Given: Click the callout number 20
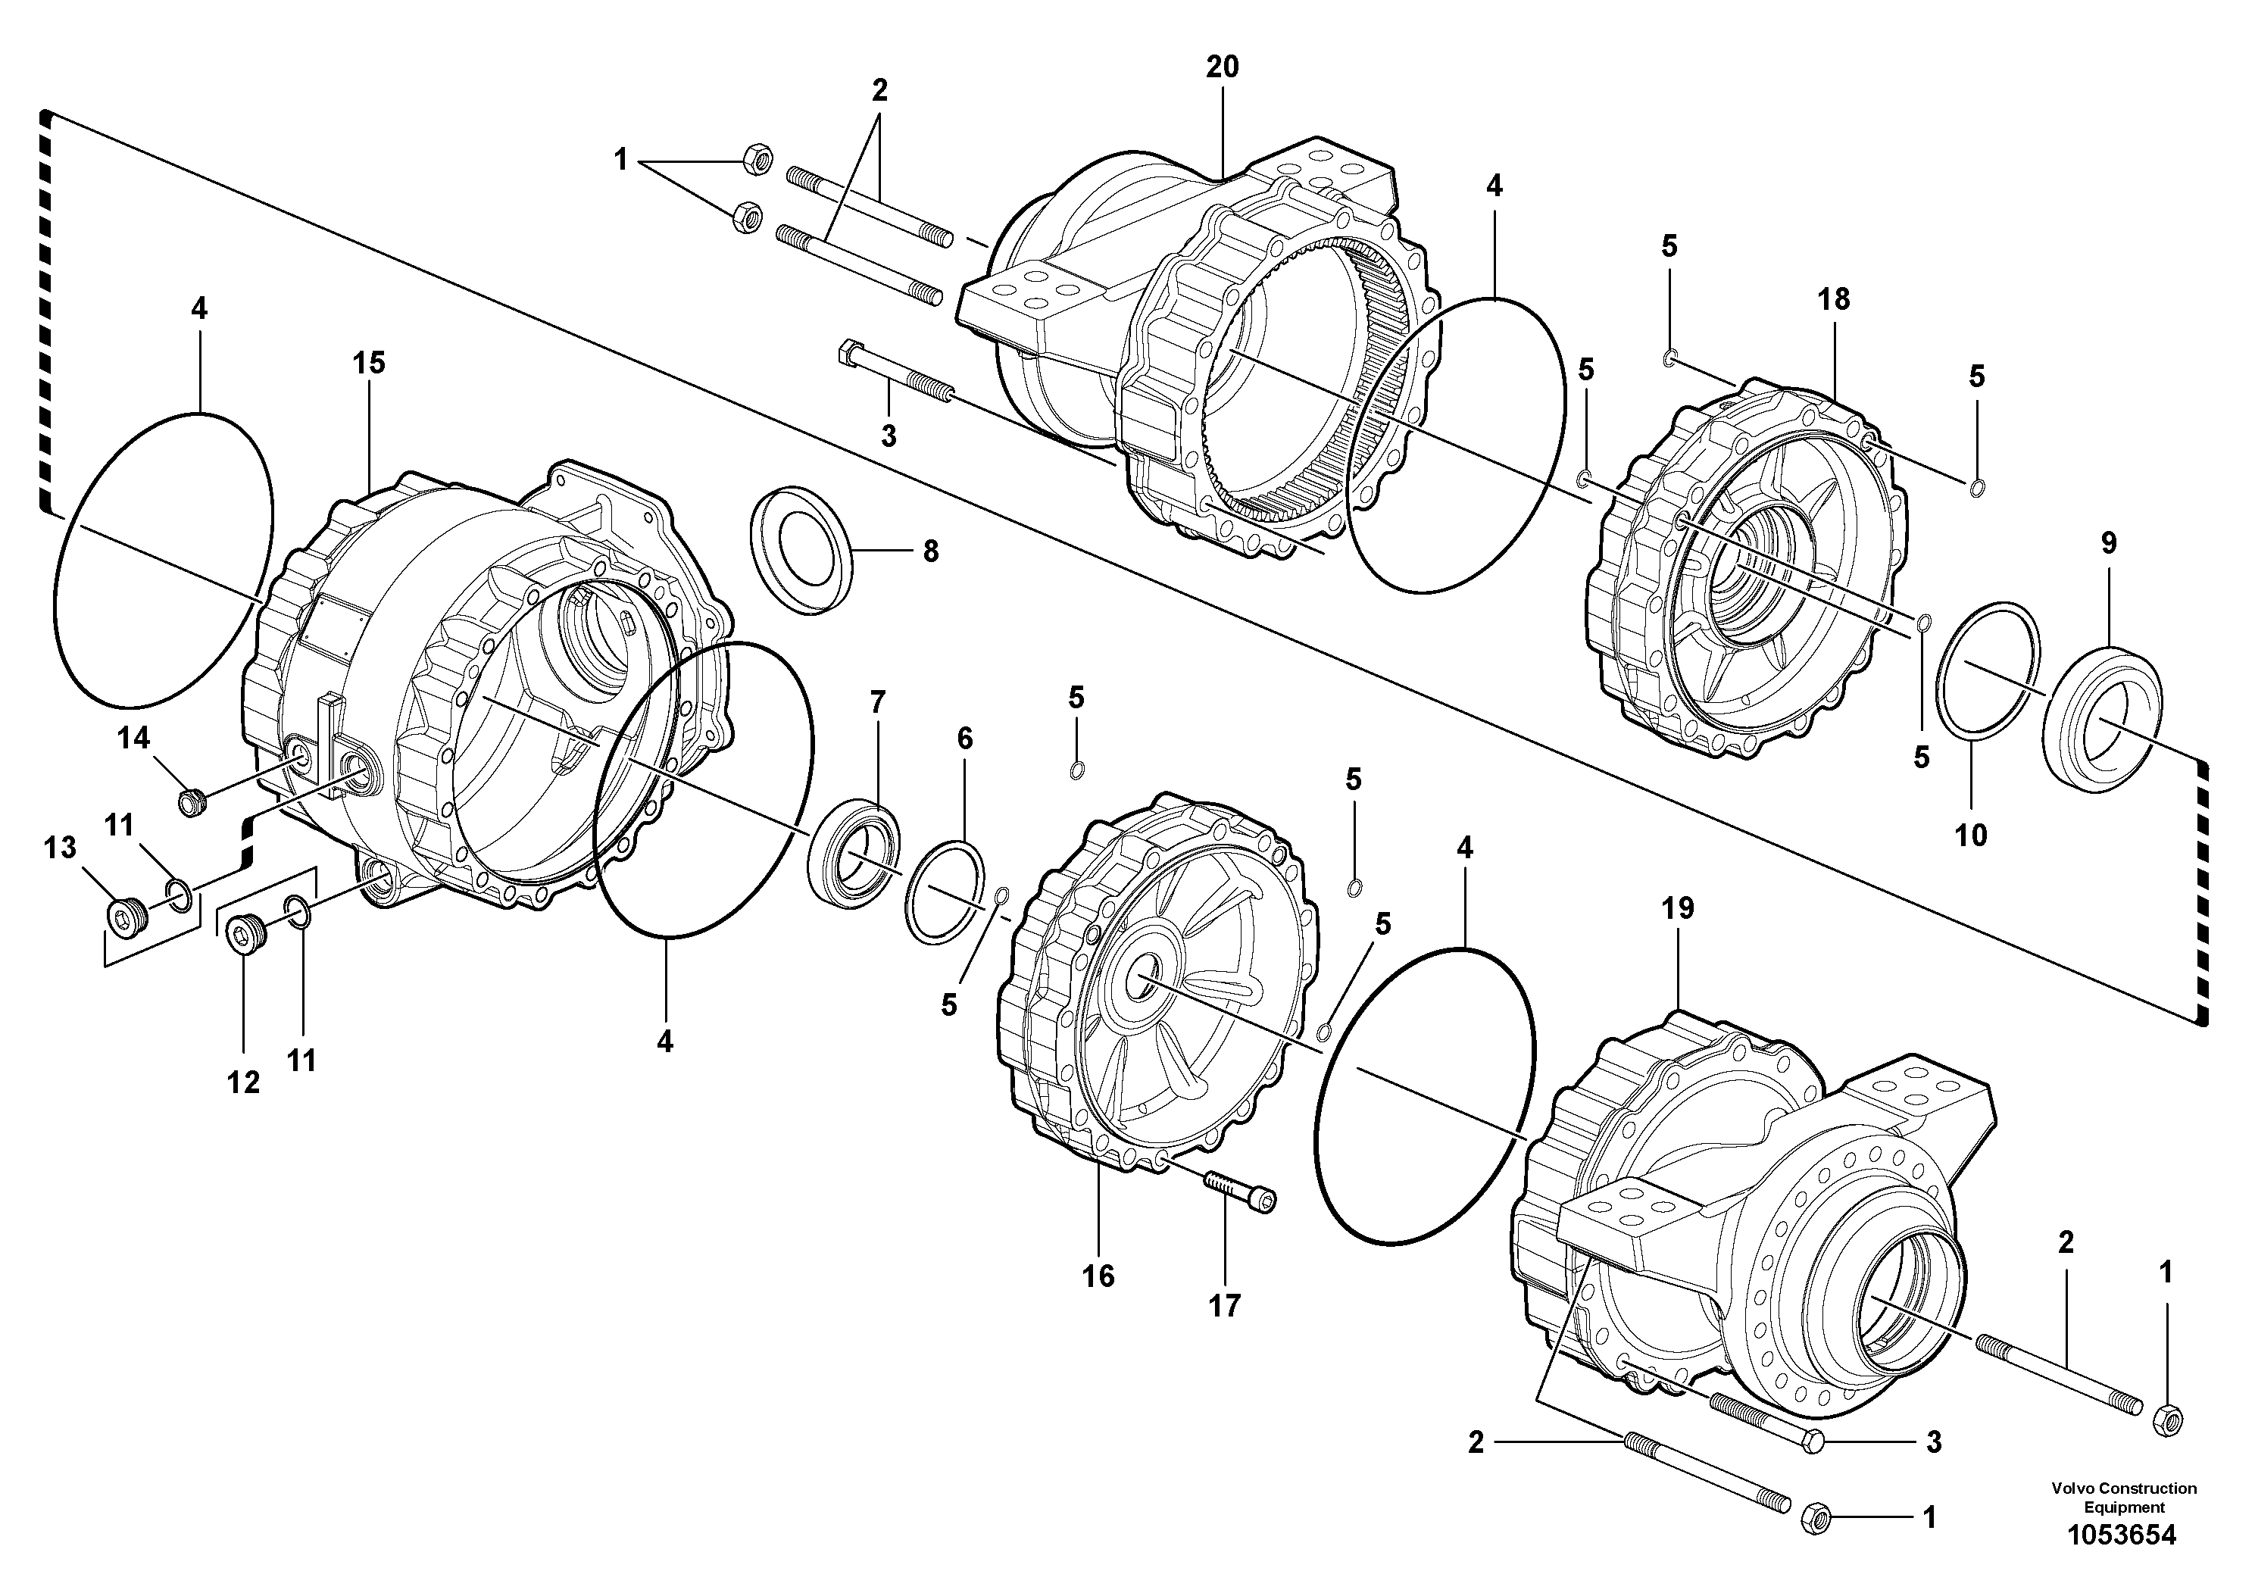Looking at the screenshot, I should (x=1223, y=67).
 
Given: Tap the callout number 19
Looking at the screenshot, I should (x=1678, y=908).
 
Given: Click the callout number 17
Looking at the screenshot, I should (x=1224, y=1305).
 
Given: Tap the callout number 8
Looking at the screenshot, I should (x=930, y=551).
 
